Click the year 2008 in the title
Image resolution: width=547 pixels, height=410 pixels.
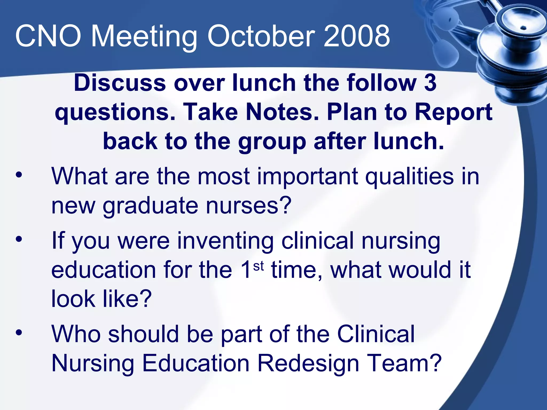(x=357, y=36)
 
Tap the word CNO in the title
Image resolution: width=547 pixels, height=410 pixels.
(x=48, y=36)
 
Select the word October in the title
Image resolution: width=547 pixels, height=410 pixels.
(x=261, y=36)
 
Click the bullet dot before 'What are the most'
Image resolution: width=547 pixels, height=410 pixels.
(x=19, y=175)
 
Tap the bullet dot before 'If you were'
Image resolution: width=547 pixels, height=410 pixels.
(x=19, y=239)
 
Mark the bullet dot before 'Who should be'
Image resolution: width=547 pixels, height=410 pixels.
(x=19, y=333)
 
